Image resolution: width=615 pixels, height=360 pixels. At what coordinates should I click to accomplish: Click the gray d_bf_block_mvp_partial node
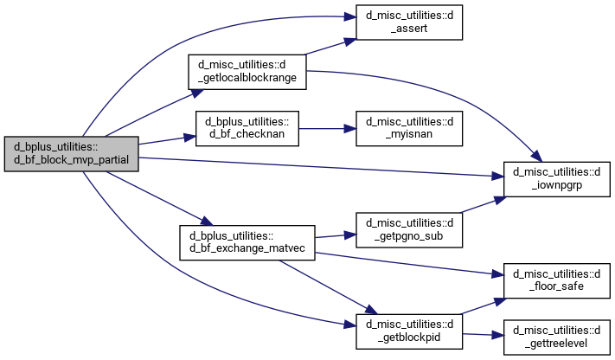point(72,153)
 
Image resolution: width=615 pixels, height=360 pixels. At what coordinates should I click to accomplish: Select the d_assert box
point(409,22)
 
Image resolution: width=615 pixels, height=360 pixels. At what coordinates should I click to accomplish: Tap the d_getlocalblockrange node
point(247,72)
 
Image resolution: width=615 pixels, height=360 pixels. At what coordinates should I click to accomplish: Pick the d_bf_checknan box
point(247,128)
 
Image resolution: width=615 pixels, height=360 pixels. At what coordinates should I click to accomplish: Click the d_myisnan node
point(409,128)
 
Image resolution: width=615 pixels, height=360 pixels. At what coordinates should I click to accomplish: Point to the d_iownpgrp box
point(557,179)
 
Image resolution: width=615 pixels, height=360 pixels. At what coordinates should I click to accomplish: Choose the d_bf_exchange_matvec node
point(247,242)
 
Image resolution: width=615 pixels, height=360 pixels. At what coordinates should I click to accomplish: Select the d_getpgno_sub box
point(409,229)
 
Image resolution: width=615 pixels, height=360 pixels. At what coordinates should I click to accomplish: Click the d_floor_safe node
point(557,280)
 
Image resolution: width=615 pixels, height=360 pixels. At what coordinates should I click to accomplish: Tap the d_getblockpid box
point(409,331)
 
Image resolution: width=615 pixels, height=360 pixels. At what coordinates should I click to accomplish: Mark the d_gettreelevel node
point(557,337)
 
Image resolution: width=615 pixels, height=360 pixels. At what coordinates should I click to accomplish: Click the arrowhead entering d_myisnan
point(350,128)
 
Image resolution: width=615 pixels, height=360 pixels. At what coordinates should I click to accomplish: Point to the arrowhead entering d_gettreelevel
point(497,335)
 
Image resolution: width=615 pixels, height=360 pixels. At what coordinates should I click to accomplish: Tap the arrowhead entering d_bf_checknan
point(189,137)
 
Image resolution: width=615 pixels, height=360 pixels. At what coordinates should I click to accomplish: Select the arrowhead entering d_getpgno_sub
point(350,235)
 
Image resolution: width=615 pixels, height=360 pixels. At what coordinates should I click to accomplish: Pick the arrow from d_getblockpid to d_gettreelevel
point(484,335)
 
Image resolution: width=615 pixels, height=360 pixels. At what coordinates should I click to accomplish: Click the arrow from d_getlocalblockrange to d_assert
point(330,47)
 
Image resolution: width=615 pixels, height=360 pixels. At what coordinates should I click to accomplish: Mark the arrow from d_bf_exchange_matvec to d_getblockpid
point(328,287)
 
